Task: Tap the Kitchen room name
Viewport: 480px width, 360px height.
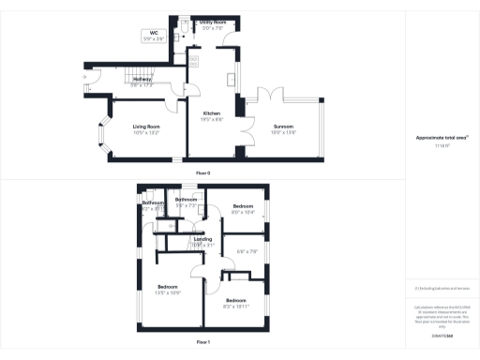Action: (212, 112)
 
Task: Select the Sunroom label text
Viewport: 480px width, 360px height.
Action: (283, 126)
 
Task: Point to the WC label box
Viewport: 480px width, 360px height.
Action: (152, 34)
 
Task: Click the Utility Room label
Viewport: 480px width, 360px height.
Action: (213, 21)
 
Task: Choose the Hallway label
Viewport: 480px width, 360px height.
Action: (142, 80)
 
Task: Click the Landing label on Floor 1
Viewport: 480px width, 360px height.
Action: (202, 239)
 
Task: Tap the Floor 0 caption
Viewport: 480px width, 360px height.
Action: (202, 173)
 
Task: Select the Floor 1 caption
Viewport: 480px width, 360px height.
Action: (202, 342)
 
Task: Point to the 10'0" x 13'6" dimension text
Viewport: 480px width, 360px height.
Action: (283, 132)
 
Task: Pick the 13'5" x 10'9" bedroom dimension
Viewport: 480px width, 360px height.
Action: (169, 292)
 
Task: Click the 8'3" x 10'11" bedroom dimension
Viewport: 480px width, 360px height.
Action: (235, 307)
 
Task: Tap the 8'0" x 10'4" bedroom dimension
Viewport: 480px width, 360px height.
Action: (244, 212)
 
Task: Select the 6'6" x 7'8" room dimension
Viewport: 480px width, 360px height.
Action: (247, 250)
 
